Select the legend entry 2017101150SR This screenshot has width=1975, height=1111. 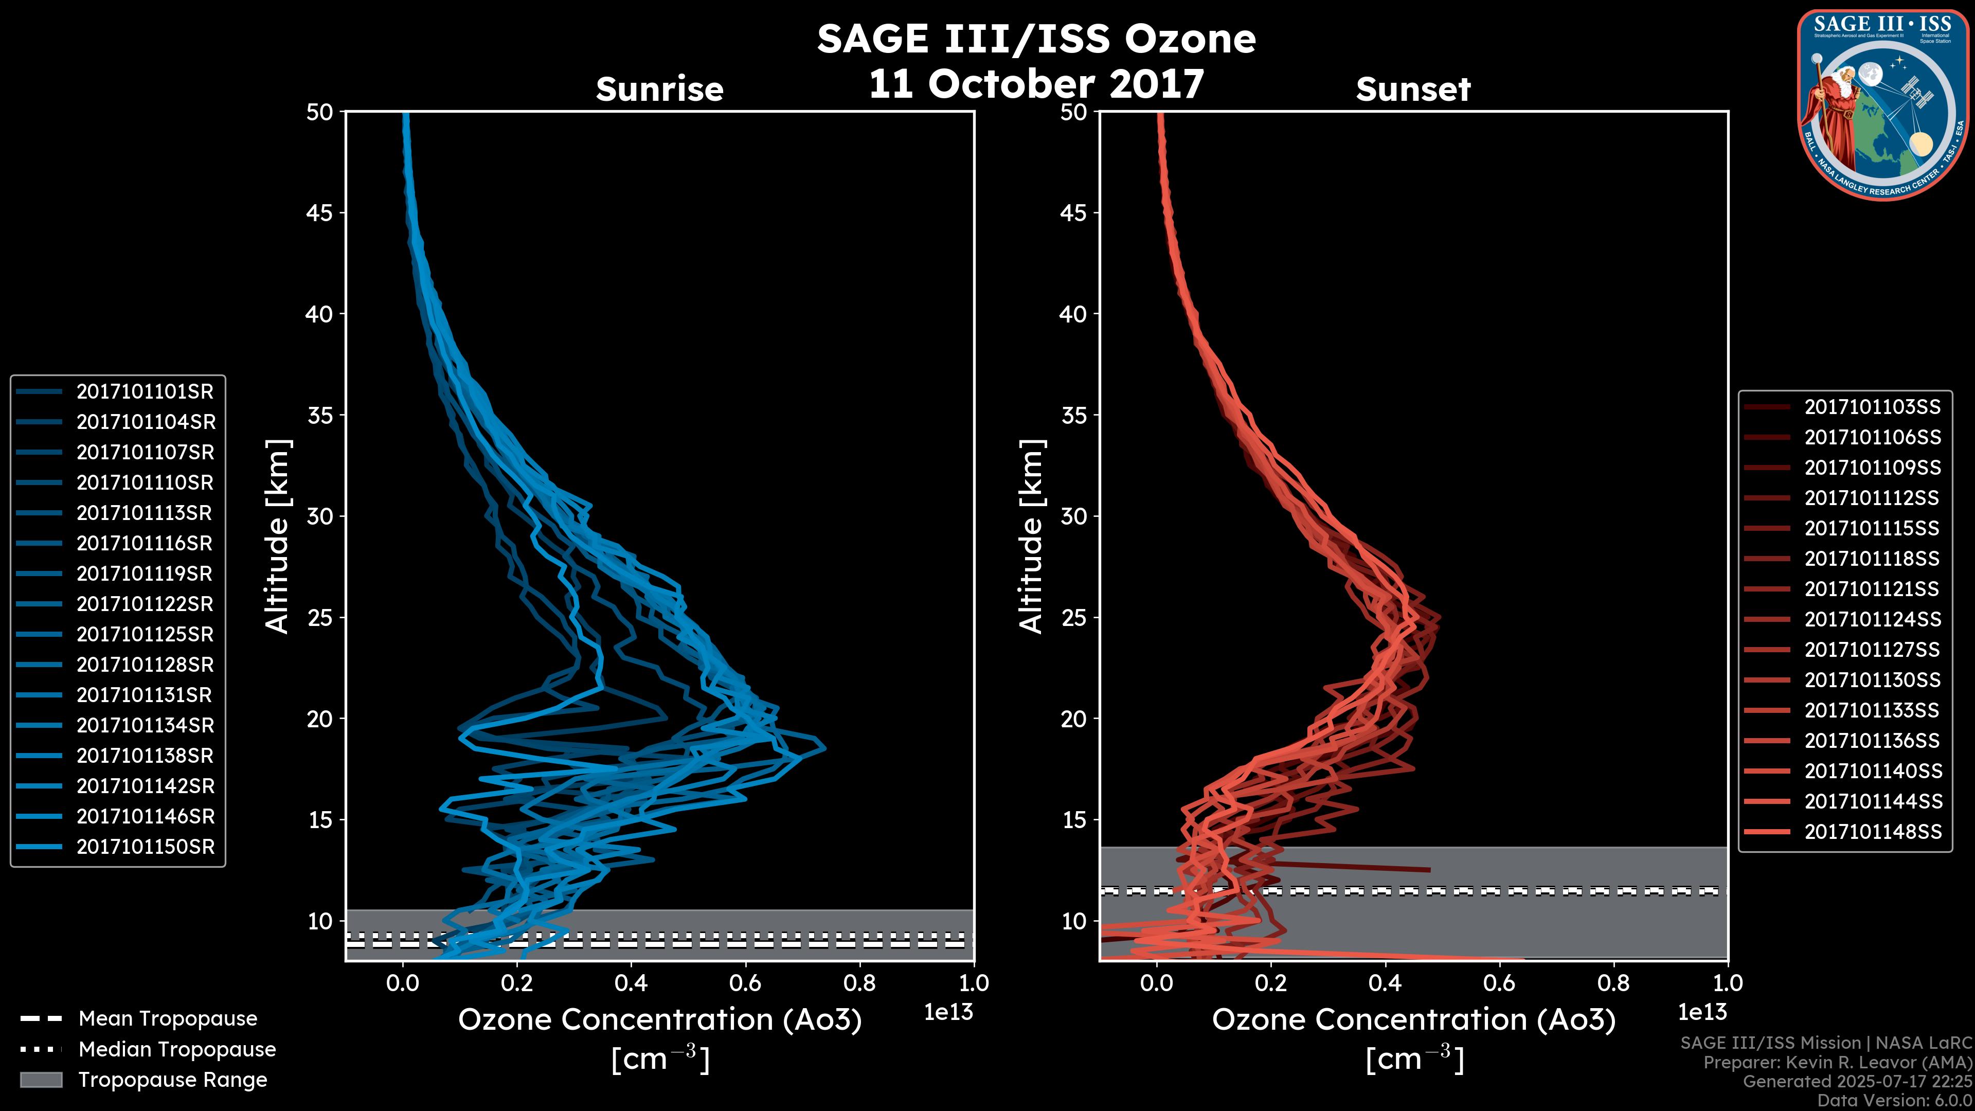(145, 847)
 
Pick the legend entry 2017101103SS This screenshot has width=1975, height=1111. (1872, 407)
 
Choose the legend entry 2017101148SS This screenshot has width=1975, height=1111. (1872, 832)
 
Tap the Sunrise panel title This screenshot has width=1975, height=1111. (659, 89)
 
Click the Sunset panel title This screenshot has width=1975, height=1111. (1413, 89)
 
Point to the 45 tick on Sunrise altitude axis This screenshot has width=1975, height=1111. (320, 213)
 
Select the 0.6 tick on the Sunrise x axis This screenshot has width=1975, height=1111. (745, 983)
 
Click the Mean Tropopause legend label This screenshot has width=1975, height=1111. (167, 1019)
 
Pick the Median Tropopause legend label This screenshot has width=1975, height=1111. (176, 1050)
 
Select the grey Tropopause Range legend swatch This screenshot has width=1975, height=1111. (41, 1080)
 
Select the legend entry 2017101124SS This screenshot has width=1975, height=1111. (1872, 619)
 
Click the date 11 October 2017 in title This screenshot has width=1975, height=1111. (1036, 84)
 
